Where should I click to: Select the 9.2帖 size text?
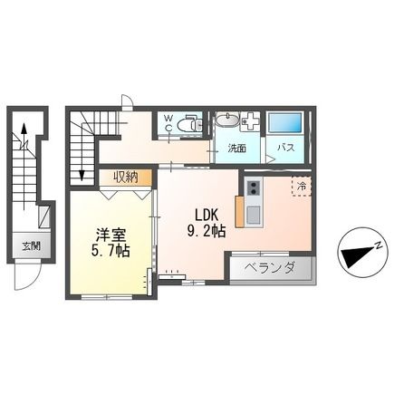tap(206, 231)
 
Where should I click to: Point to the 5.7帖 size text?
tap(110, 250)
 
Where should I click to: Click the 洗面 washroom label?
tap(237, 148)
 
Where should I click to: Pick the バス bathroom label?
tap(283, 148)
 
